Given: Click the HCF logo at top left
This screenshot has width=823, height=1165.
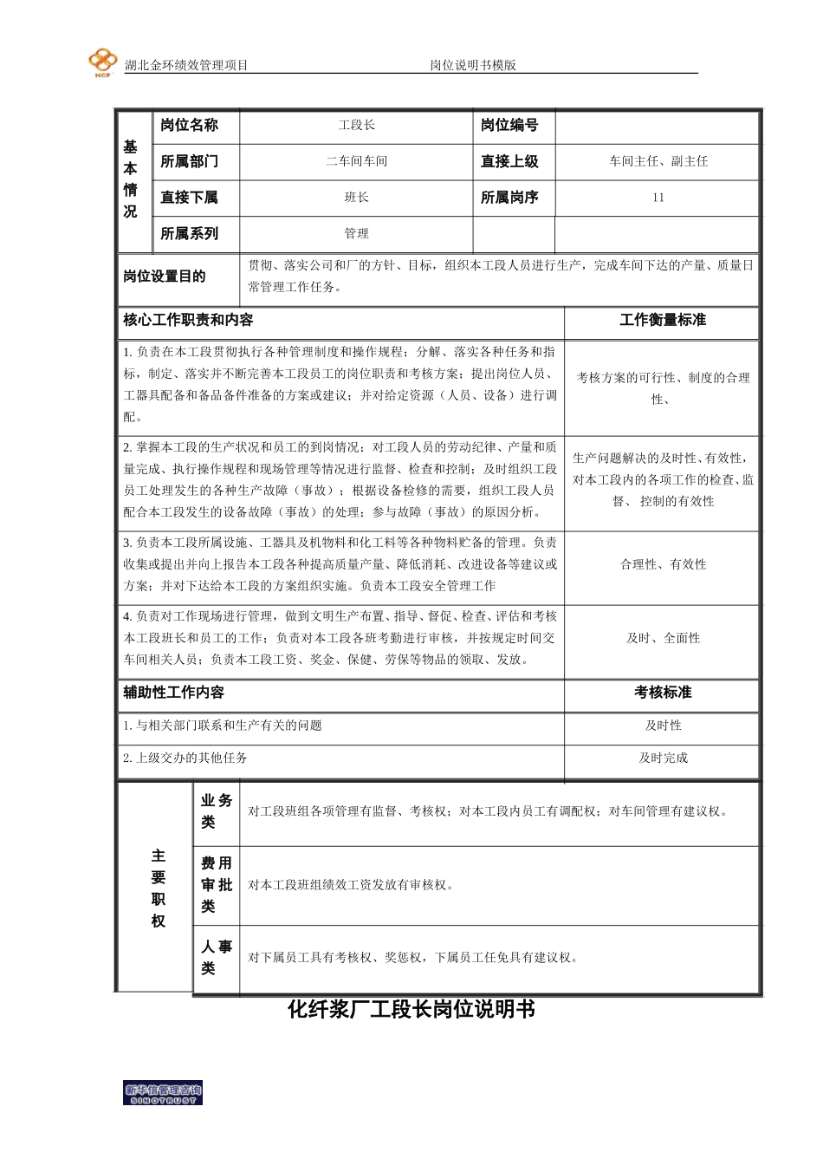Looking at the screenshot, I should click(x=102, y=62).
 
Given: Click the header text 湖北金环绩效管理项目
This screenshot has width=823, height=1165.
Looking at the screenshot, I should click(x=186, y=65).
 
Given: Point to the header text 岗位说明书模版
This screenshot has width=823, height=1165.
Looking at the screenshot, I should click(x=473, y=65).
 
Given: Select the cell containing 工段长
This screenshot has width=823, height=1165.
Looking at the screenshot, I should click(x=356, y=126).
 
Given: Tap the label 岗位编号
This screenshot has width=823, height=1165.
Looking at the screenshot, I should click(x=509, y=126).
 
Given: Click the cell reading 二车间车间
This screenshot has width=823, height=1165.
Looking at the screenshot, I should click(x=356, y=161).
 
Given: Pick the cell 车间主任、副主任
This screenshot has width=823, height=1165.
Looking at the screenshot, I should click(x=658, y=161).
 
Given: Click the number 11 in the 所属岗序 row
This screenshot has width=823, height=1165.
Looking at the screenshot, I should click(x=658, y=198).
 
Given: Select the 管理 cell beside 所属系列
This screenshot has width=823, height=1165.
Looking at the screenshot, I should click(x=356, y=233).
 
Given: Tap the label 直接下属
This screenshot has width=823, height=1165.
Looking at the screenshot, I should click(x=189, y=198).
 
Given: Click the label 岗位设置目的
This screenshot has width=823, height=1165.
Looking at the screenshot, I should click(x=165, y=277).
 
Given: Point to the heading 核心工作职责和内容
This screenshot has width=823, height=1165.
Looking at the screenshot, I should click(x=188, y=320).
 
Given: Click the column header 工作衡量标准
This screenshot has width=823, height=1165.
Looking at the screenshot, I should click(x=663, y=320).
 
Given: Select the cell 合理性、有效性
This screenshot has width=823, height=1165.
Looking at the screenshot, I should click(x=663, y=564).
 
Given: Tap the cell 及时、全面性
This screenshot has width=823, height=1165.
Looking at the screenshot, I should click(x=663, y=638).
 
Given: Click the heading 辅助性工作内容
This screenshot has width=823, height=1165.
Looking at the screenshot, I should click(x=173, y=693).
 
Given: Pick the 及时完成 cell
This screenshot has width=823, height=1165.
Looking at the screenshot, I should click(x=663, y=758).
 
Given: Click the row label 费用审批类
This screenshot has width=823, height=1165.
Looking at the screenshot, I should click(x=216, y=885).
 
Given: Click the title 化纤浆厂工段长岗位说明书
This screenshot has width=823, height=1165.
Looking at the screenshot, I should click(x=411, y=1009).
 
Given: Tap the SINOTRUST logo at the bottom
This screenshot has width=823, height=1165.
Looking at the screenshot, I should click(x=163, y=1094).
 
